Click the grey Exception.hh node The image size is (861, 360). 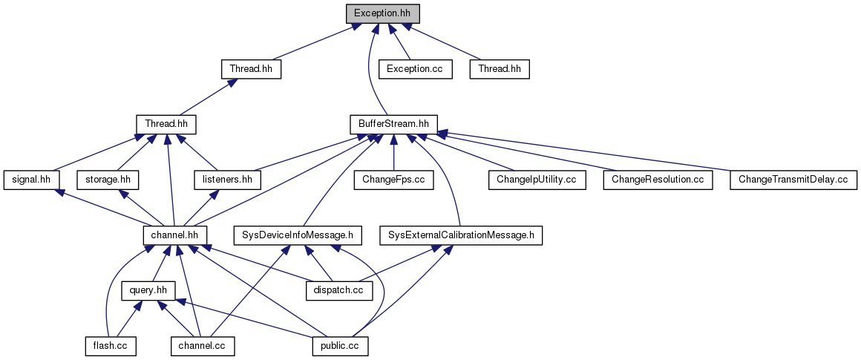383,13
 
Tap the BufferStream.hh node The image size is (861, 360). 393,124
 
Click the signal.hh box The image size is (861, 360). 31,180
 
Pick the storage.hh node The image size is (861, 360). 108,180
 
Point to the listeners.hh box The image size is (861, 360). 228,180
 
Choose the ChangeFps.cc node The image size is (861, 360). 393,180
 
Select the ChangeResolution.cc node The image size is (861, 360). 657,180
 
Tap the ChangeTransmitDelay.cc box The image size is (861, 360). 793,180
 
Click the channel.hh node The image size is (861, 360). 174,235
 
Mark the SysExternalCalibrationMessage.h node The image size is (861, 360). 461,235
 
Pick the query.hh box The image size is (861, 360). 148,290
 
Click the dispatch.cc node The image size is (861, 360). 338,290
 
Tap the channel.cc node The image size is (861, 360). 203,346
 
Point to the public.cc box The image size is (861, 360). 340,346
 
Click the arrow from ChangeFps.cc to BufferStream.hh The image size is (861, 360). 393,152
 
